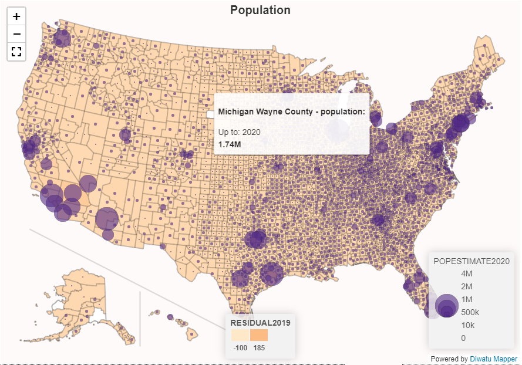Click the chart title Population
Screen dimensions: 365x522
tap(260, 10)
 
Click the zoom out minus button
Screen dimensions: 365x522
tap(16, 34)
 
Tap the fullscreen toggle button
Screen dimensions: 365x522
tap(16, 52)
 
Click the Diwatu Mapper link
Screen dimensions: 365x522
tap(493, 359)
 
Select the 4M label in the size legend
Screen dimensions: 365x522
tap(467, 274)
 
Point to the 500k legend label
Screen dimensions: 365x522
tap(470, 312)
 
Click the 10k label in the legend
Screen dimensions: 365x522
tap(467, 325)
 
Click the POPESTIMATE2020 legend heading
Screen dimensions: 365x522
tap(471, 261)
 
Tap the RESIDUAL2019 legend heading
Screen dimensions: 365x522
tap(260, 322)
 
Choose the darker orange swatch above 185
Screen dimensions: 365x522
tap(259, 335)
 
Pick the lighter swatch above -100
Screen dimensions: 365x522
tap(240, 335)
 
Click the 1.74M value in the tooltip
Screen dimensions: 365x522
tap(230, 144)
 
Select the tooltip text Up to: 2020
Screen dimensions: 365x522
tap(239, 132)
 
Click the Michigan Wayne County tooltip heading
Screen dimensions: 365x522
tap(291, 111)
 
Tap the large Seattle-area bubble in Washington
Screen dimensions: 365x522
tap(62, 39)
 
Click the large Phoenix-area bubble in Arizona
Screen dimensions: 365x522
tap(107, 219)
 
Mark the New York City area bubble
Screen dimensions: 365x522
tap(460, 124)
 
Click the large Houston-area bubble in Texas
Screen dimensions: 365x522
tap(271, 273)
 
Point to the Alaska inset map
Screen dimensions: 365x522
tap(82, 305)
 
